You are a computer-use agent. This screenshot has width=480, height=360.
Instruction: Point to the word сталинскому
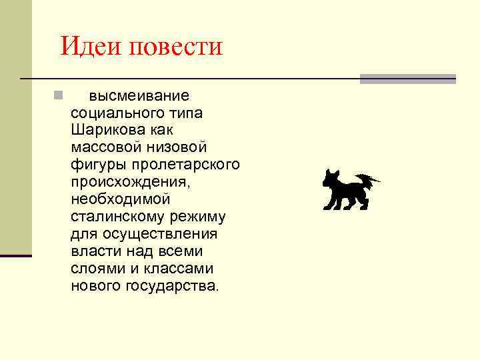click(x=117, y=217)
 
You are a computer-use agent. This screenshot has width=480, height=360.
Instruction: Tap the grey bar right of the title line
click(x=407, y=79)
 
